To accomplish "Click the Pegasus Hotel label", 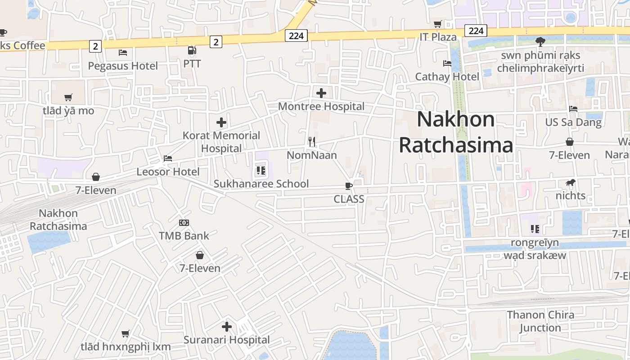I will click(123, 66).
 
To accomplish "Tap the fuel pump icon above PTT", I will click(192, 50).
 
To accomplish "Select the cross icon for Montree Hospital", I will click(321, 93).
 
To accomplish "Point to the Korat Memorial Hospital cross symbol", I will click(221, 122).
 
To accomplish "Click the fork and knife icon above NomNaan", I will click(311, 142).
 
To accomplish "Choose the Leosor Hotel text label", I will click(168, 172).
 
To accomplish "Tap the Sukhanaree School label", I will click(261, 184).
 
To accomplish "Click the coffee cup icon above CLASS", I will click(348, 185).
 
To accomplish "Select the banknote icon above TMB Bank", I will click(184, 223).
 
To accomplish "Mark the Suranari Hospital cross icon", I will click(227, 327).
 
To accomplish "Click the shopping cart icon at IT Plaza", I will click(437, 24).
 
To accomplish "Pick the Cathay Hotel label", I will click(447, 77).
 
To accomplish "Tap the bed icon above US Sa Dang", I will click(573, 109).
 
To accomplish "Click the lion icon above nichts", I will click(571, 183).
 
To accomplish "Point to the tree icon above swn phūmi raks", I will click(540, 42).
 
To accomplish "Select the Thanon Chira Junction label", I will click(540, 321).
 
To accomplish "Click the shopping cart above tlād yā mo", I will click(68, 97).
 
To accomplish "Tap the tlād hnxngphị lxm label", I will click(126, 347).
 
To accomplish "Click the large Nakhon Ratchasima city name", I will click(456, 132).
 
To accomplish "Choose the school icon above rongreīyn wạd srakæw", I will click(535, 229).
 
